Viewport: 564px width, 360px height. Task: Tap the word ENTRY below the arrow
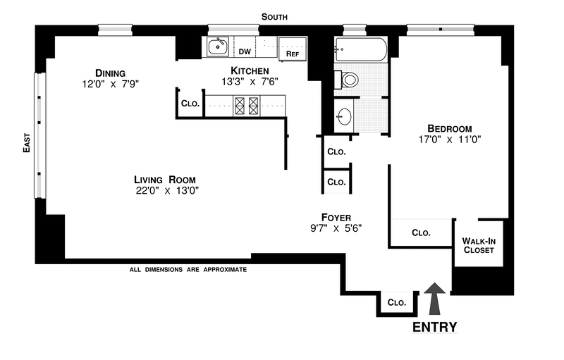[434, 327]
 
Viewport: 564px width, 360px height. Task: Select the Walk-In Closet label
[478, 244]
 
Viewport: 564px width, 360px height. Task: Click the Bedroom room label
[449, 128]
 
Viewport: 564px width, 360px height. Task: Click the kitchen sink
[217, 46]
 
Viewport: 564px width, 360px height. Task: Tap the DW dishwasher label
[245, 51]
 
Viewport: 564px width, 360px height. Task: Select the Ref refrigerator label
[290, 53]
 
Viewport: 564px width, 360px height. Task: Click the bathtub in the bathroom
[360, 49]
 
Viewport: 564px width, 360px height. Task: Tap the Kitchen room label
[250, 70]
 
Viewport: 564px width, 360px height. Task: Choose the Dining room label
[111, 73]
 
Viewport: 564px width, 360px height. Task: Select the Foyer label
[336, 218]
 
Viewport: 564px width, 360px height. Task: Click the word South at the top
[274, 17]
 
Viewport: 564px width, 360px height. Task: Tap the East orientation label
[26, 144]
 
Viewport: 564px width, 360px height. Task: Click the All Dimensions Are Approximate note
[188, 269]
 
